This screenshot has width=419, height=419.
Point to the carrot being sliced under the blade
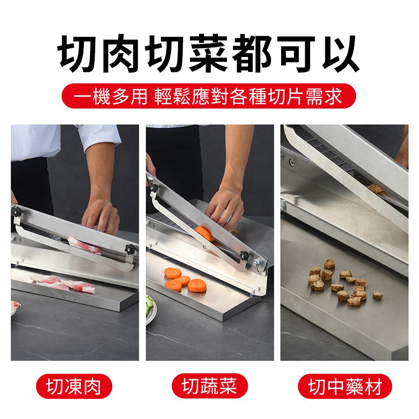[x=204, y=233]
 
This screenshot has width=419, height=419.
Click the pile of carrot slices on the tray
[x=185, y=279]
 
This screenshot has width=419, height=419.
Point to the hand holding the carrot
[x=224, y=209]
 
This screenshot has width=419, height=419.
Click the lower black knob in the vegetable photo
[x=243, y=255]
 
